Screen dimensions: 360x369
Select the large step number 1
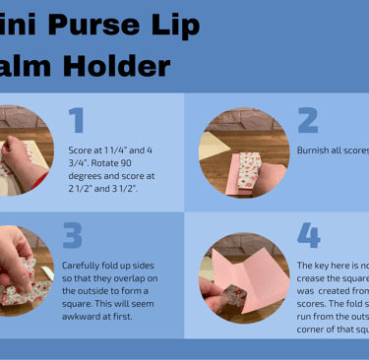click(77, 120)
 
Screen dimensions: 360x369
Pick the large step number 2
click(307, 120)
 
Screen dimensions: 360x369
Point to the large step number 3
click(73, 236)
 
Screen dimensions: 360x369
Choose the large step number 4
click(308, 236)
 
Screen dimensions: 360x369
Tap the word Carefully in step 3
click(82, 266)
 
